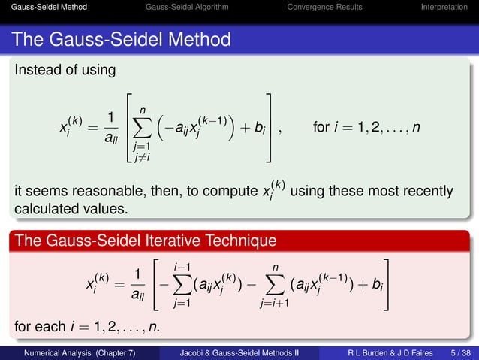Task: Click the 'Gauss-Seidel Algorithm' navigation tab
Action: [x=188, y=8]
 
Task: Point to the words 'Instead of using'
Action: [x=65, y=70]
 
